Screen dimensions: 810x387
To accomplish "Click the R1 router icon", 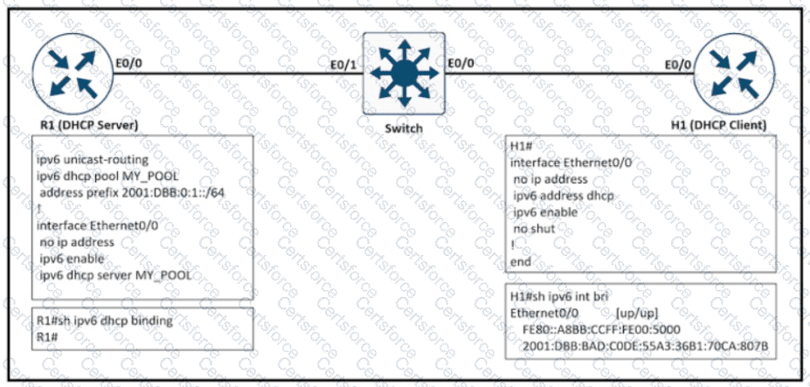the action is pos(73,73).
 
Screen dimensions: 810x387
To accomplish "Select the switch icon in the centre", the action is pos(404,73).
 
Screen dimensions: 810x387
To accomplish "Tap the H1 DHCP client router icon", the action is pos(734,73).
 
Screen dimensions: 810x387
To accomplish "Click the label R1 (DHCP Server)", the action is pos(89,125).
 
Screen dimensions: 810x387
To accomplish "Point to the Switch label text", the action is pos(404,128).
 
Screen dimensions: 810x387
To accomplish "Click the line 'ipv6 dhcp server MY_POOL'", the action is pos(115,275).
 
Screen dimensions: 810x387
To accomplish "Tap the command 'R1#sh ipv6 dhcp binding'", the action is pos(104,321).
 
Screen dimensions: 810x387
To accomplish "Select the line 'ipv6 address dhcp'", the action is pos(564,196).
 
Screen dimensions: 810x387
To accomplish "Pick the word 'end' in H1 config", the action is pos(521,261).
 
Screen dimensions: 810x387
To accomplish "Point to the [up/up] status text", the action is pos(637,314).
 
